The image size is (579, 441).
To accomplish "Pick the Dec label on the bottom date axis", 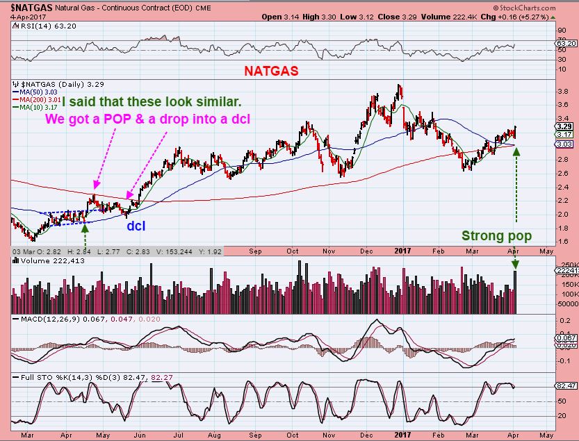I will click(362, 435).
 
